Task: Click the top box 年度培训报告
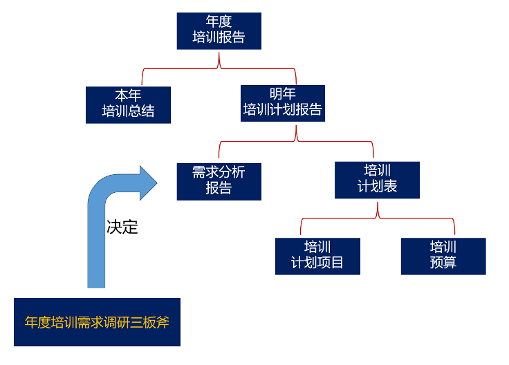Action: [219, 30]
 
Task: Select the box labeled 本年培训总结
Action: [128, 104]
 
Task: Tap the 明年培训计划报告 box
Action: [282, 102]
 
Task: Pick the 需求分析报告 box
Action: [219, 180]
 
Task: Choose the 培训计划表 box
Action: [377, 180]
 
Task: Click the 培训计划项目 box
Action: [317, 256]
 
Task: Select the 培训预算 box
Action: [443, 256]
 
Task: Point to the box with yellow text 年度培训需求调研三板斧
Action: [97, 322]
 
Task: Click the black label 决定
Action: [122, 227]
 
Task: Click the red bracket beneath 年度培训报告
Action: [219, 67]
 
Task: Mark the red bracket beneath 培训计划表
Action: [378, 216]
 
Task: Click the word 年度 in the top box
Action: [219, 23]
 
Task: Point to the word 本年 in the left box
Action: [128, 96]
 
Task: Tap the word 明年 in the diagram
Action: [282, 94]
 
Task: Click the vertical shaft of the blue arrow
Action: [97, 249]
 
